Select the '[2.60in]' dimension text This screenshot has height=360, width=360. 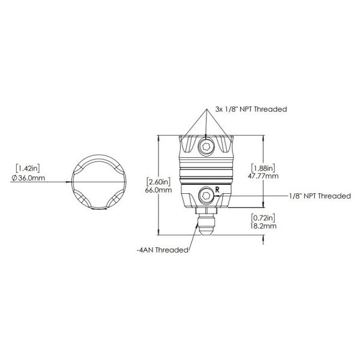click(158, 182)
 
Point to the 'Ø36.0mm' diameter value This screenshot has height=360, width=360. click(29, 179)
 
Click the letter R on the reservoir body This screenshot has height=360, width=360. click(217, 190)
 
